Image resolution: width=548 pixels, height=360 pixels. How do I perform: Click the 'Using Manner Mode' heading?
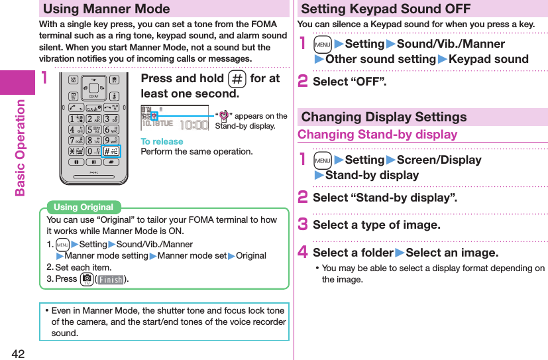107,9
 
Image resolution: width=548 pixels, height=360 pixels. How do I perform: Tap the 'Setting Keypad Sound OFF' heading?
386,9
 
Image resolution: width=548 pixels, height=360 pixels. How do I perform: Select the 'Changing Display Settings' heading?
384,117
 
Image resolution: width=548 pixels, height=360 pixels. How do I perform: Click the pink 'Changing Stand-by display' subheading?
378,135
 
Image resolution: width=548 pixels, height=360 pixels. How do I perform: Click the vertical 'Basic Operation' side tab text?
20,147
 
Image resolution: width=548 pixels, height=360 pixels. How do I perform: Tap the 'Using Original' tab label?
83,208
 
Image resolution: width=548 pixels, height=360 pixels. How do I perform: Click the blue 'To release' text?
162,141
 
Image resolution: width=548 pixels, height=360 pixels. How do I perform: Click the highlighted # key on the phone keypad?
111,152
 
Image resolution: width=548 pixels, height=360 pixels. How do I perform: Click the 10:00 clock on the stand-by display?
195,124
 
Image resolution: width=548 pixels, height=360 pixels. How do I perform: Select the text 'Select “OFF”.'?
349,82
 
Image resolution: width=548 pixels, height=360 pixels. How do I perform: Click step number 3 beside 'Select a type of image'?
303,225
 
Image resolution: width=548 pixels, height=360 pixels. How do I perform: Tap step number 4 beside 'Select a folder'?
303,253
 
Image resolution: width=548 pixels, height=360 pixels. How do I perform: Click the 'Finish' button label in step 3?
111,280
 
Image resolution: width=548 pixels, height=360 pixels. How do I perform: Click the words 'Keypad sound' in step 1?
488,59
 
